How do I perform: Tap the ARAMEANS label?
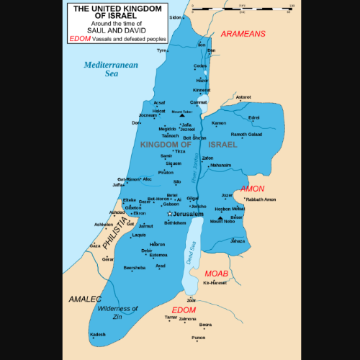243,34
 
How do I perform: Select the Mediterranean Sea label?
104,68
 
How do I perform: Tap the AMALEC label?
84,297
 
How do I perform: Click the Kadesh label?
97,335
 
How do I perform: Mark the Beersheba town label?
135,267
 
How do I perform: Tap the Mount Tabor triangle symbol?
183,114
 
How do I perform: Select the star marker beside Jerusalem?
169,214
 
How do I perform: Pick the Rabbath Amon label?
261,199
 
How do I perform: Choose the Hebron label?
158,245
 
